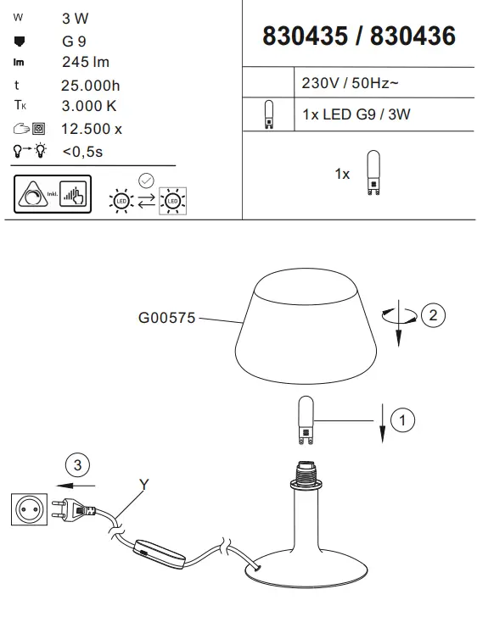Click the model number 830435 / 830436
tap(359, 36)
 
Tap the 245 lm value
tap(86, 62)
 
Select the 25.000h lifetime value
tap(91, 85)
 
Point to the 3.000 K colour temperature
tap(89, 107)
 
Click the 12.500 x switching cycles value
tap(92, 129)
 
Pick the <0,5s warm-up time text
tap(82, 152)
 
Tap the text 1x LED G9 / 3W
tap(356, 114)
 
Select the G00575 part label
tap(166, 319)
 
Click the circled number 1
tap(405, 419)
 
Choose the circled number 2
tap(432, 315)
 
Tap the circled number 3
tap(78, 465)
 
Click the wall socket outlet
tap(25, 509)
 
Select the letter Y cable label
tap(144, 485)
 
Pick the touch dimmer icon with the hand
tap(73, 196)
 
